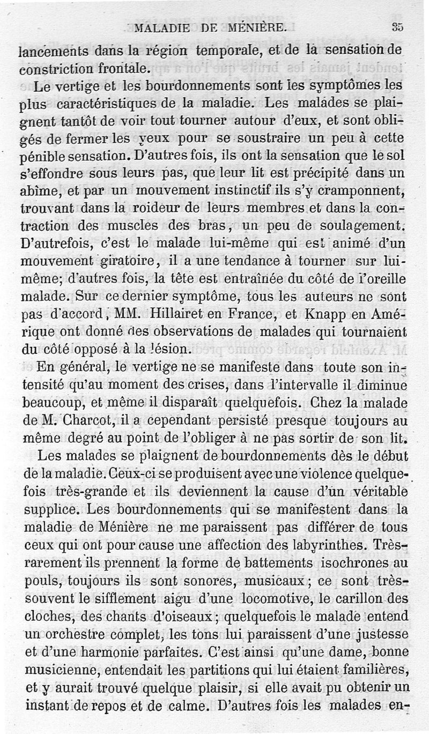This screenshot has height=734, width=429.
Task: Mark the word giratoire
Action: pos(123,262)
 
